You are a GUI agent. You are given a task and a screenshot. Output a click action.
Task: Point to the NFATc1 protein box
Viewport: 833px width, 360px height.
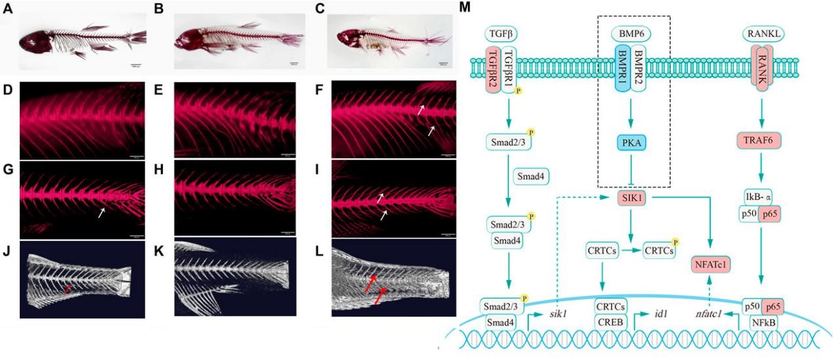point(711,265)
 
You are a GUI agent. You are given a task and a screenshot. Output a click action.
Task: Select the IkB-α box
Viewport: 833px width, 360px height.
point(760,197)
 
